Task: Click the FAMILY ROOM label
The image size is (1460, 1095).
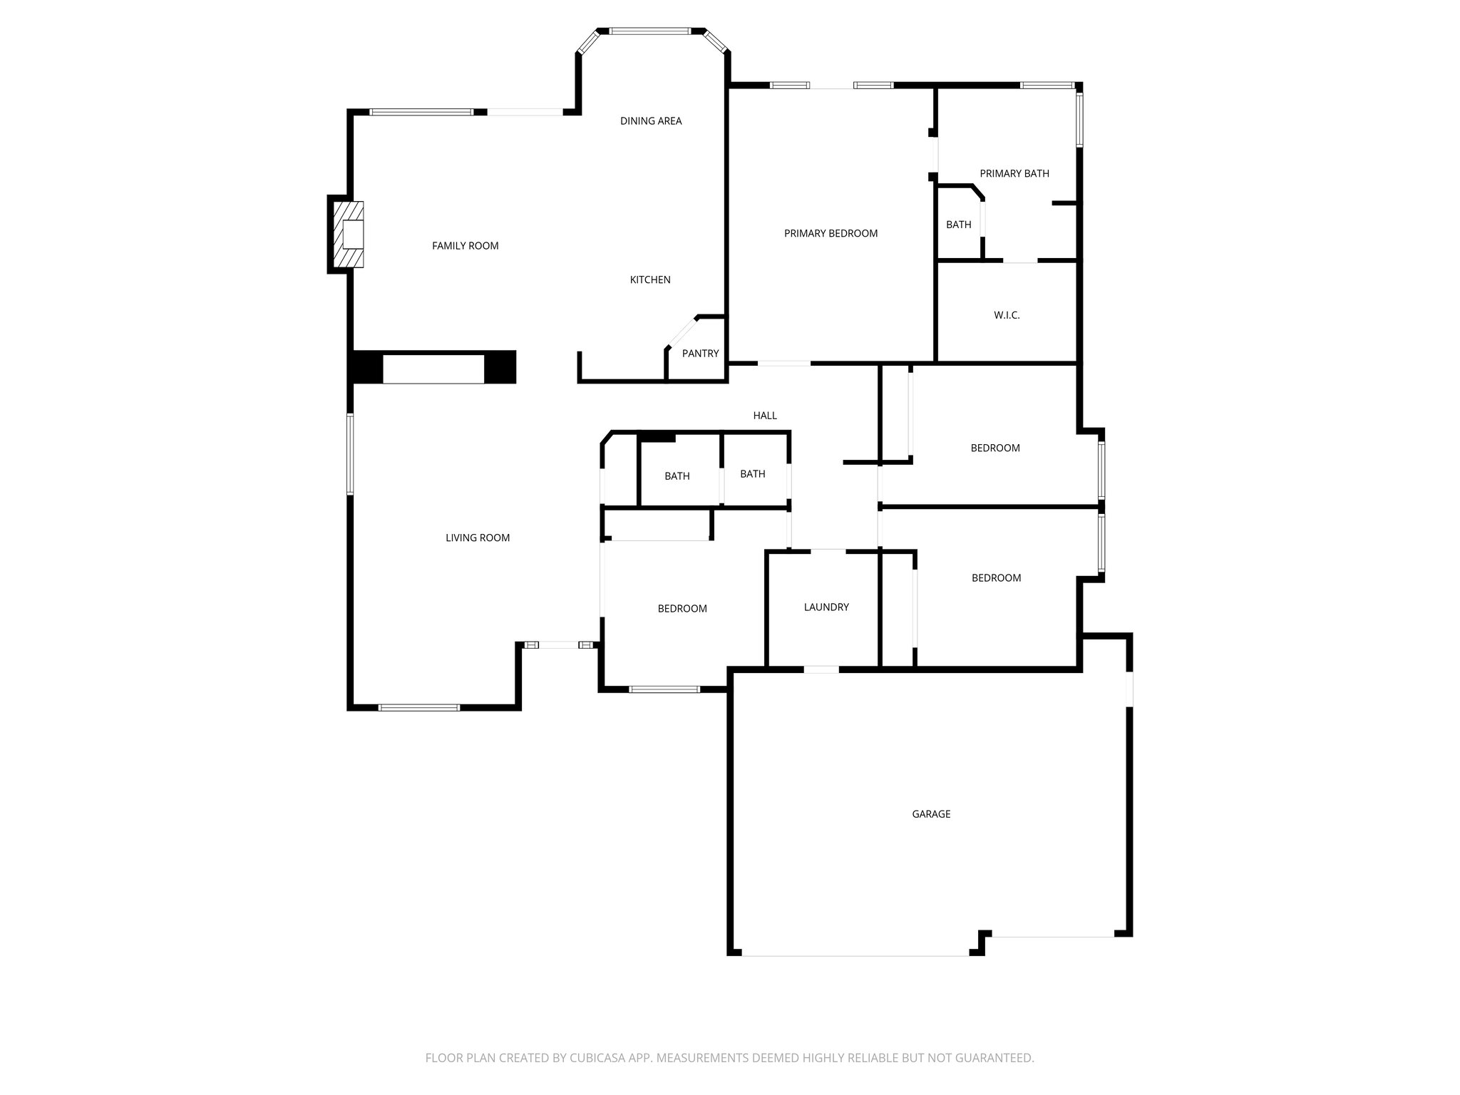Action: pyautogui.click(x=465, y=246)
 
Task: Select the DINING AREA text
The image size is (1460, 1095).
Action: pyautogui.click(x=650, y=121)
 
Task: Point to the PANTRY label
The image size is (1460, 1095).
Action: pyautogui.click(x=700, y=354)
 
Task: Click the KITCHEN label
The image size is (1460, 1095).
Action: pyautogui.click(x=649, y=280)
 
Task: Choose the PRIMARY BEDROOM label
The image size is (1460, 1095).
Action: pyautogui.click(x=831, y=234)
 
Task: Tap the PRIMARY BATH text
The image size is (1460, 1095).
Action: pyautogui.click(x=1014, y=173)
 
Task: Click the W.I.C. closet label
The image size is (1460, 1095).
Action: pyautogui.click(x=1007, y=315)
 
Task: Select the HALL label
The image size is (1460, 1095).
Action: pyautogui.click(x=765, y=416)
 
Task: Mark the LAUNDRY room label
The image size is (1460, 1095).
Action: pyautogui.click(x=826, y=607)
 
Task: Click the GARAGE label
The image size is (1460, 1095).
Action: pyautogui.click(x=931, y=814)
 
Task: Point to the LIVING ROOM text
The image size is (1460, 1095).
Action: pyautogui.click(x=478, y=538)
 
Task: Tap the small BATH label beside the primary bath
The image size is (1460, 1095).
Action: pyautogui.click(x=958, y=225)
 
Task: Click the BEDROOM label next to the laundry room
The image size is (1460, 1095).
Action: pyautogui.click(x=682, y=609)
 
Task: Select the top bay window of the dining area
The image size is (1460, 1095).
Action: pyautogui.click(x=649, y=31)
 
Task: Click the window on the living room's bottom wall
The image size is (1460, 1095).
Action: pyautogui.click(x=418, y=708)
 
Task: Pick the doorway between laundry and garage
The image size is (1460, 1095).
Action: pyautogui.click(x=821, y=669)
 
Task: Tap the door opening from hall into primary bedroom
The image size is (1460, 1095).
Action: pyautogui.click(x=783, y=364)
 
